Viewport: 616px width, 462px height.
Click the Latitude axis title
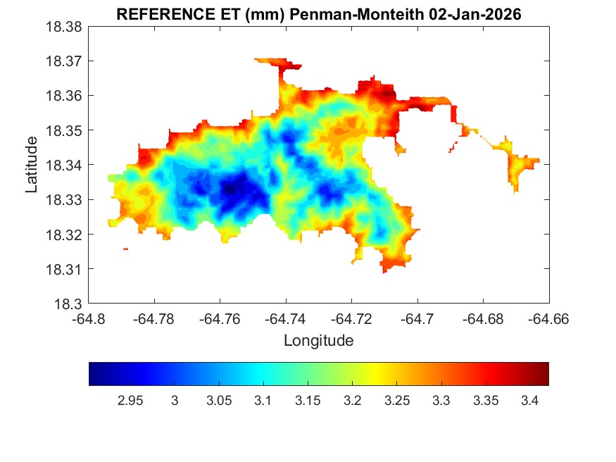coord(32,165)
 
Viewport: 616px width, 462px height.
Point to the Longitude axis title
coord(318,341)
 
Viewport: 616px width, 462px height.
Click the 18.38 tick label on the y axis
coord(64,27)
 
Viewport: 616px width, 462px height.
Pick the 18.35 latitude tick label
coord(64,131)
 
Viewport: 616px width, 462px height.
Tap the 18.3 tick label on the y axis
coord(69,304)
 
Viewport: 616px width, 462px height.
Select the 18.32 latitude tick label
coord(64,235)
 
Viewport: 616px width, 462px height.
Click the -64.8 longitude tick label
coord(88,319)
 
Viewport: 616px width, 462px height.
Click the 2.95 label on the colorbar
coord(130,401)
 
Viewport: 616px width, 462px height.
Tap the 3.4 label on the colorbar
coord(530,401)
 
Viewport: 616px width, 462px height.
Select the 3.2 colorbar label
coord(353,401)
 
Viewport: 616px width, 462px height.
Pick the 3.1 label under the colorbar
coord(263,401)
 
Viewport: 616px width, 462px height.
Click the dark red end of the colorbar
coord(543,374)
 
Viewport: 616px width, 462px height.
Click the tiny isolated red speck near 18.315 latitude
coord(125,249)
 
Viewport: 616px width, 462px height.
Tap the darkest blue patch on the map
coord(236,188)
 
